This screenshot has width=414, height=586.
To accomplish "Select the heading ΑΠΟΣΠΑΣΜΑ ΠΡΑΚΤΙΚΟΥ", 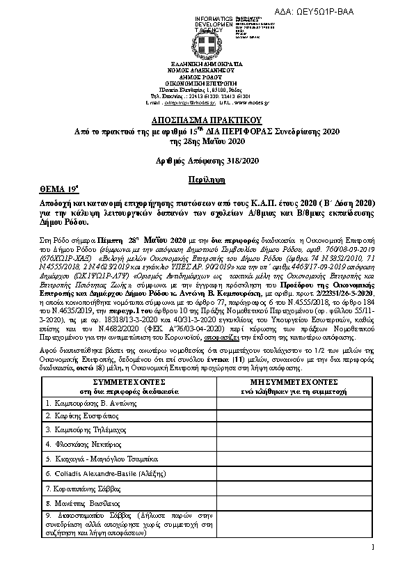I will pos(207,120).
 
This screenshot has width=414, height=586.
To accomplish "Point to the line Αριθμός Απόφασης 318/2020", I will pos(207,161).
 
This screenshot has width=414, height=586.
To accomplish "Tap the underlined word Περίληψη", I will pos(207,179).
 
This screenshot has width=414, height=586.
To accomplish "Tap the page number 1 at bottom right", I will pos(373,549).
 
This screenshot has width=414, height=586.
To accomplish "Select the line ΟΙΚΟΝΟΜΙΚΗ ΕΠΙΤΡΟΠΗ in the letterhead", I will pos(207,82).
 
